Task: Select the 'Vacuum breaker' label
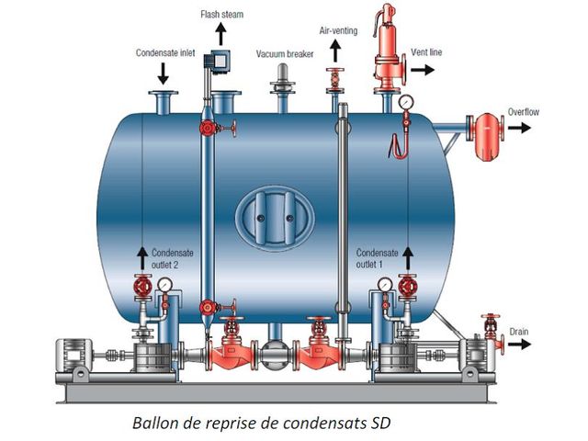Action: click(285, 54)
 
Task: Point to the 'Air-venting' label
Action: click(337, 30)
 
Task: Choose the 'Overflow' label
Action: click(525, 111)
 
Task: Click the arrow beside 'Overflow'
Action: click(519, 128)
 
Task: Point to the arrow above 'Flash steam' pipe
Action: click(220, 36)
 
